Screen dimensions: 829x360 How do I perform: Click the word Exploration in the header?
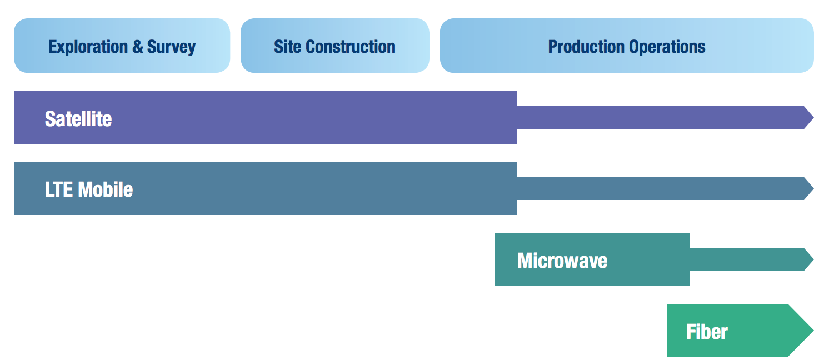88,47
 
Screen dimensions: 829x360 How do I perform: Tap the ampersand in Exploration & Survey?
138,47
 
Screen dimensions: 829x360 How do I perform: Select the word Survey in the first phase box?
171,47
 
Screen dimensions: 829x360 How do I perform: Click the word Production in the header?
586,47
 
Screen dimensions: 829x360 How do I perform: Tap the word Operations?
667,47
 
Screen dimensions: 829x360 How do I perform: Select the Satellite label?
78,119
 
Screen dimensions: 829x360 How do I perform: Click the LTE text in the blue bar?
59,189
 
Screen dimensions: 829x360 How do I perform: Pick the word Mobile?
106,189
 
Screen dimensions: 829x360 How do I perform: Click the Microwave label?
562,261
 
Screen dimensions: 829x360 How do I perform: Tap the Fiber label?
707,332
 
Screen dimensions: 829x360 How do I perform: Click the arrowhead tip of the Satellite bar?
813,118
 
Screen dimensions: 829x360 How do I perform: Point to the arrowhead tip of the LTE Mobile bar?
813,188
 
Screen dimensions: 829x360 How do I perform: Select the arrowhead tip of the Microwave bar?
813,259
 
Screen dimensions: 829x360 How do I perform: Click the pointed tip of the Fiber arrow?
813,331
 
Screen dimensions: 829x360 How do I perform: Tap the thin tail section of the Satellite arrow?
660,118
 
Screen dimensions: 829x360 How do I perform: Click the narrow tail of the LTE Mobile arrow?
660,188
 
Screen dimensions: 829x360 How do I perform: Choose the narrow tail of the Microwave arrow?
746,259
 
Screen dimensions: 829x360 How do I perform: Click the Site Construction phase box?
335,46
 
